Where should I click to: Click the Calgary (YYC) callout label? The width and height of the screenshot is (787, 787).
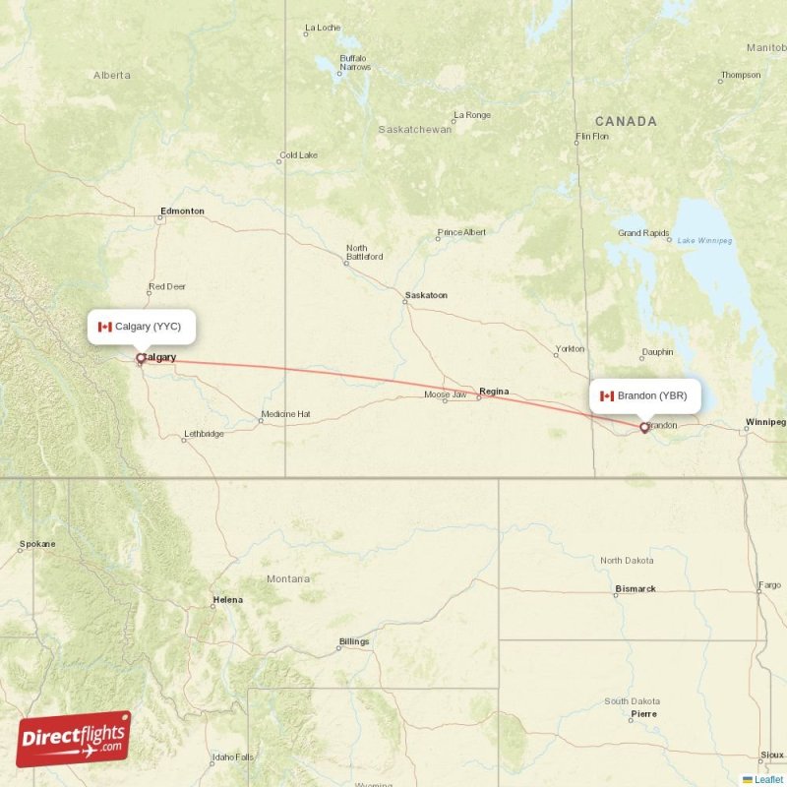click(x=141, y=327)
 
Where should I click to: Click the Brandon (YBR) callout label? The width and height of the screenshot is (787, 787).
click(x=644, y=395)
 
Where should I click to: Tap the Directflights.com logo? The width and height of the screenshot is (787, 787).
click(x=74, y=739)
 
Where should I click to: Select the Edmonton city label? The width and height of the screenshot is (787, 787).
click(x=182, y=211)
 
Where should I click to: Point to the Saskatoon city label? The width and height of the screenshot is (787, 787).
click(x=426, y=295)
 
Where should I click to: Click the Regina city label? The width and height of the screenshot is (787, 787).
click(x=493, y=392)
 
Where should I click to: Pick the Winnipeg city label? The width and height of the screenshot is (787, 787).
click(x=765, y=422)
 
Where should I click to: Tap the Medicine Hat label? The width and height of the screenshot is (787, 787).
click(x=285, y=414)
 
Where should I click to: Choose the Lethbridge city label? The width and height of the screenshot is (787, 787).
click(x=204, y=434)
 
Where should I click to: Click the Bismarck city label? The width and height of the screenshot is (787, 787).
click(x=636, y=589)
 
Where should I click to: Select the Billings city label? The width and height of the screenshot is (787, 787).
click(x=353, y=641)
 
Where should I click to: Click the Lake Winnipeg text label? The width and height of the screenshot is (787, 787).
click(x=705, y=241)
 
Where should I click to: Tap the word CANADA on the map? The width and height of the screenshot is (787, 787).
click(x=626, y=122)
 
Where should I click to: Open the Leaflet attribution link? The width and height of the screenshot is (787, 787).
click(x=768, y=779)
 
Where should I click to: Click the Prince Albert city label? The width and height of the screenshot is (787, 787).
click(x=461, y=232)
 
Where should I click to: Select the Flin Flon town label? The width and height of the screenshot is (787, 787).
click(x=592, y=136)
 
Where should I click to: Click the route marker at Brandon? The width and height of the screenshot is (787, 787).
click(x=644, y=427)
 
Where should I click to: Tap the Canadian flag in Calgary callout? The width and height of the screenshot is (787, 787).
click(x=105, y=327)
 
